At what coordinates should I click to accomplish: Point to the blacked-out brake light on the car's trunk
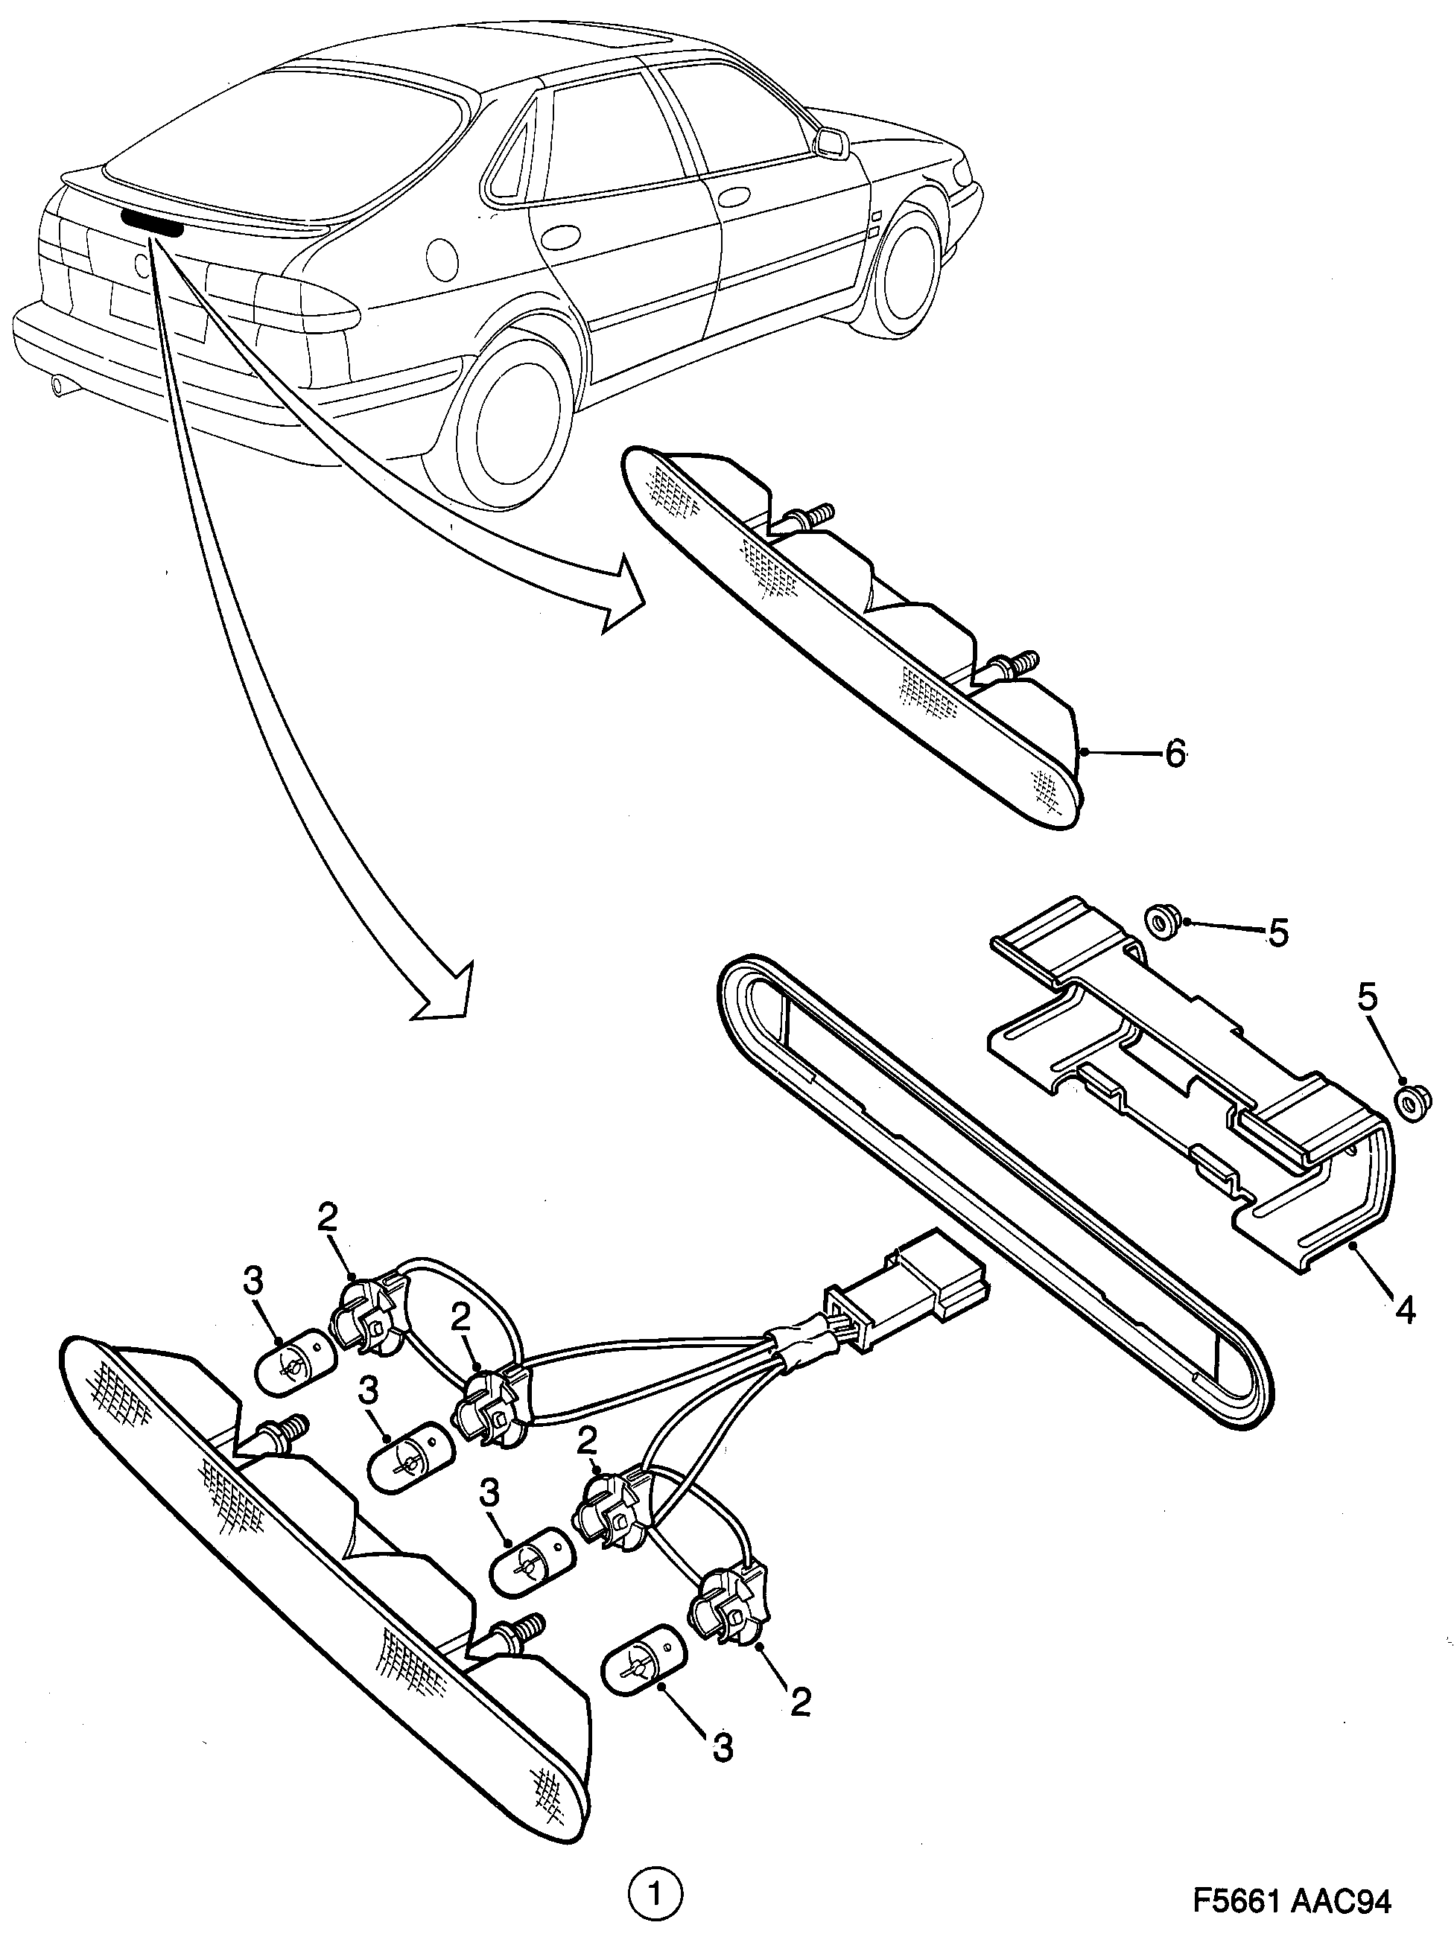click(x=152, y=222)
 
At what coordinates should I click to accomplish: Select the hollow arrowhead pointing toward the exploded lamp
click(x=446, y=993)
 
